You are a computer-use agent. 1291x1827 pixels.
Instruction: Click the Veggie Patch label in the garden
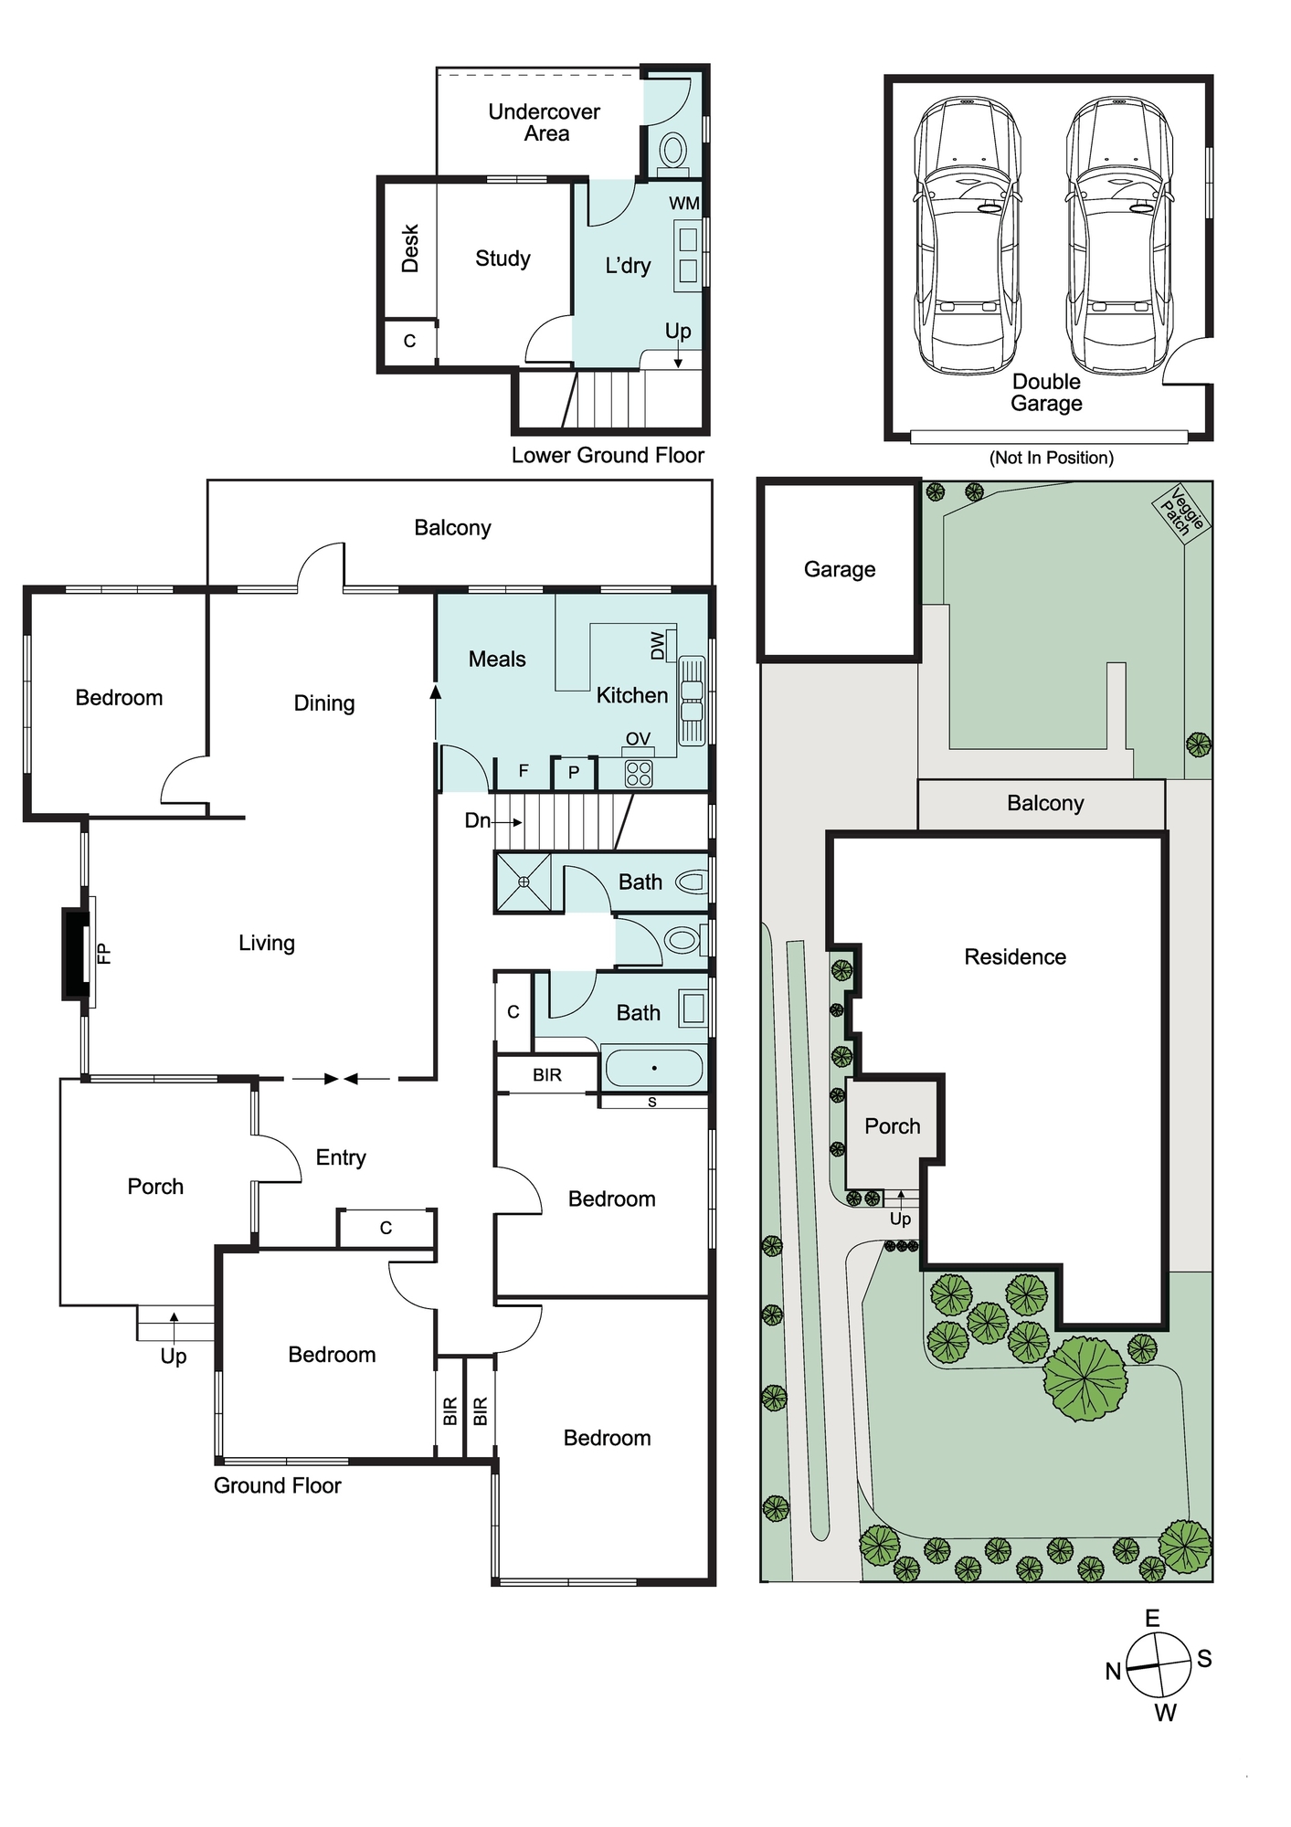(1182, 512)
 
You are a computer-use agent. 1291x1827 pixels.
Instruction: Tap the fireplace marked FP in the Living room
(78, 953)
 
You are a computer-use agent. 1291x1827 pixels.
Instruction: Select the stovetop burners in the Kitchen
(639, 774)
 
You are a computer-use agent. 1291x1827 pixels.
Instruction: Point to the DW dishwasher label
(658, 646)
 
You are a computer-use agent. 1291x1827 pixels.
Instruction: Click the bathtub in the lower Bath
(654, 1067)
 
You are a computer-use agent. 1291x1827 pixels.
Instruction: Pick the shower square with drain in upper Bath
(524, 882)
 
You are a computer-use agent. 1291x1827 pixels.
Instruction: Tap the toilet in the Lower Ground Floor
(674, 151)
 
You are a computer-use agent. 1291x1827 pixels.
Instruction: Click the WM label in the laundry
(684, 203)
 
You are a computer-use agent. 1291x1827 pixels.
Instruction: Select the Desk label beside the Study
(410, 248)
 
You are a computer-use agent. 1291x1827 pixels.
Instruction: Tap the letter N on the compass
(1113, 1671)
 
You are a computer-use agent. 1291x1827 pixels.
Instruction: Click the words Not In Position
(1052, 458)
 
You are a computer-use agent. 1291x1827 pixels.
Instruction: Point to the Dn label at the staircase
(478, 820)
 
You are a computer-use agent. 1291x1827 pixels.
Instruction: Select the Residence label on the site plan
(1015, 956)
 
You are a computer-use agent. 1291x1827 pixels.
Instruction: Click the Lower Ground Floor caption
(608, 455)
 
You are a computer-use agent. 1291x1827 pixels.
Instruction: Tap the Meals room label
(497, 659)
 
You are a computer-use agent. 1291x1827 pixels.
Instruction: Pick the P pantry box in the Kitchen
(574, 773)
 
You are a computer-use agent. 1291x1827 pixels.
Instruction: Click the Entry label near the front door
(341, 1158)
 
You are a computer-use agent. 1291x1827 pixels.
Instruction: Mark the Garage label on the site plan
(840, 570)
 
